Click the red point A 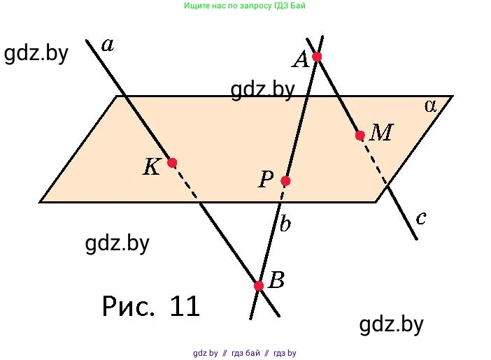pyautogui.click(x=317, y=57)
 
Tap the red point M pyautogui.click(x=360, y=136)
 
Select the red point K pyautogui.click(x=172, y=163)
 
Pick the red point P pyautogui.click(x=285, y=181)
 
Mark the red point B pyautogui.click(x=259, y=286)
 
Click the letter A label pyautogui.click(x=301, y=61)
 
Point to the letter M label pyautogui.click(x=380, y=132)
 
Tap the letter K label pyautogui.click(x=152, y=167)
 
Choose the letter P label pyautogui.click(x=266, y=180)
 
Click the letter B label pyautogui.click(x=277, y=281)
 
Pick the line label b pyautogui.click(x=285, y=224)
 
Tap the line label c pyautogui.click(x=421, y=218)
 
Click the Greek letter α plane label pyautogui.click(x=430, y=106)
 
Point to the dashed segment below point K pyautogui.click(x=187, y=184)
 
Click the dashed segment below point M pyautogui.click(x=374, y=160)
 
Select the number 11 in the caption pyautogui.click(x=185, y=306)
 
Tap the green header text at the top pyautogui.click(x=245, y=6)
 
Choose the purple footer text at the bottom pyautogui.click(x=245, y=353)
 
